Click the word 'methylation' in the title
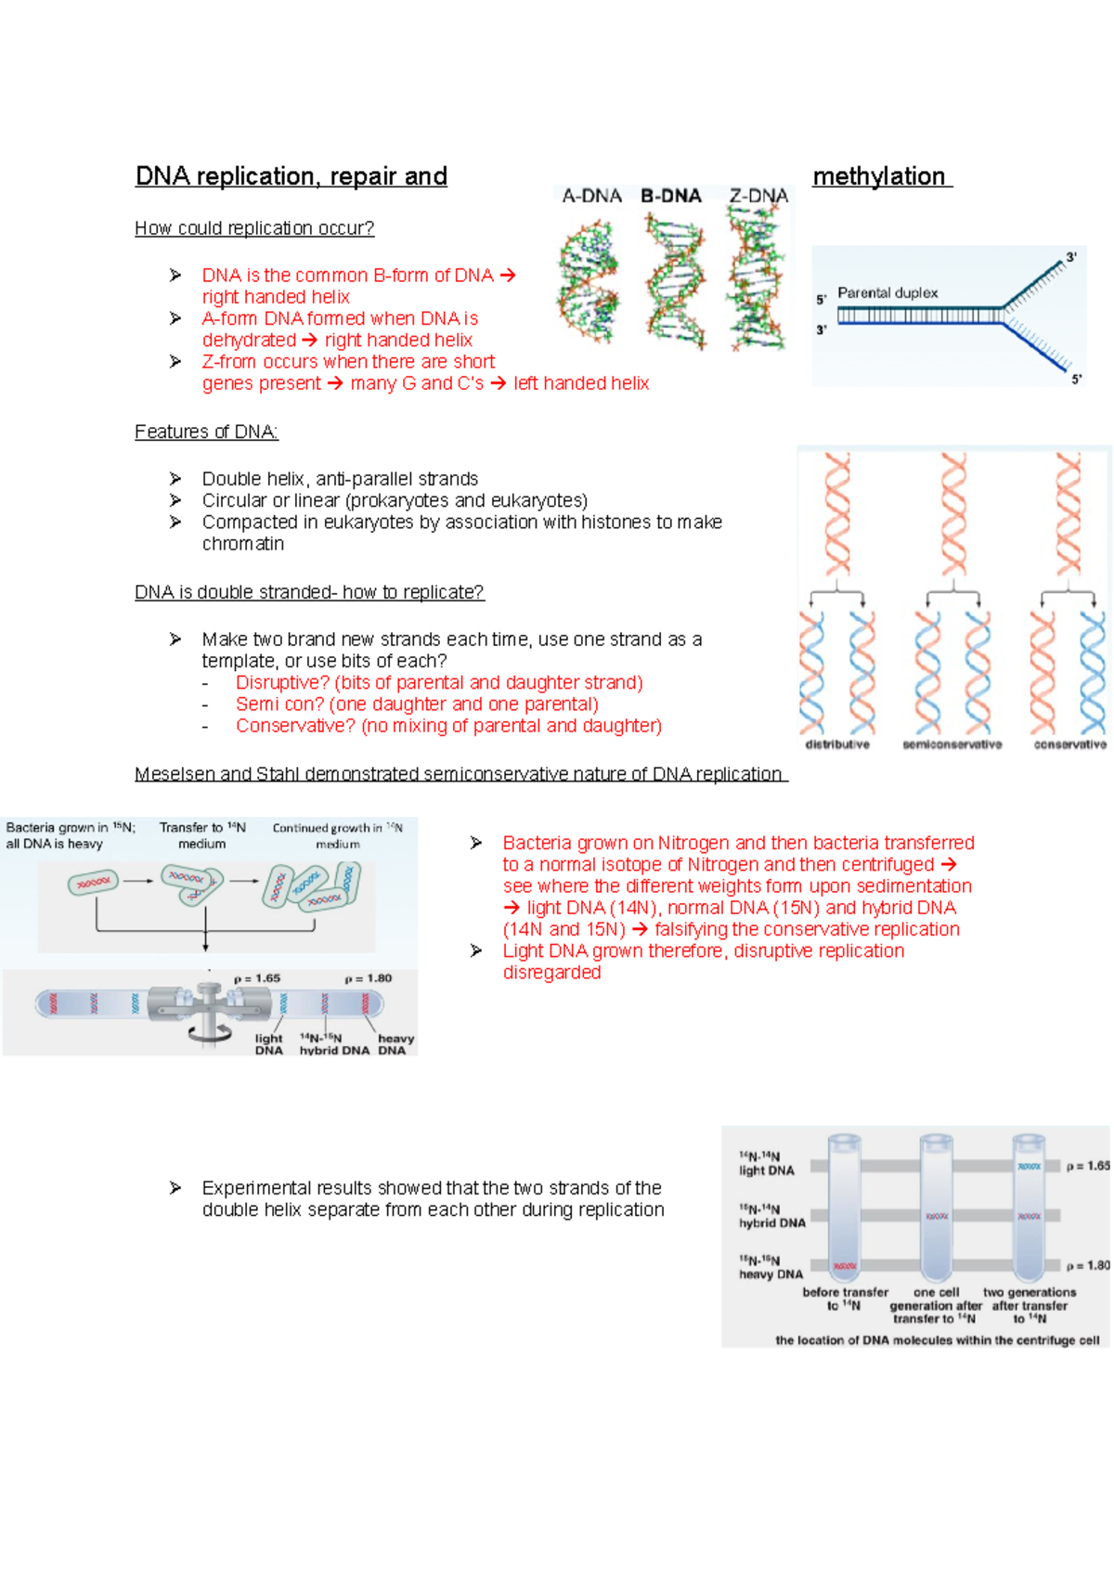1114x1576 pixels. (878, 176)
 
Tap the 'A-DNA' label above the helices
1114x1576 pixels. (591, 196)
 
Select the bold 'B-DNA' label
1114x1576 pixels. (670, 196)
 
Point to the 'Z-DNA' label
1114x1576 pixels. (758, 196)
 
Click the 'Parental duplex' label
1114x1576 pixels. (887, 292)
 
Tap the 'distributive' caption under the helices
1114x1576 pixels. (837, 744)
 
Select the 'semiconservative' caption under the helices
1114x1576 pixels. (952, 744)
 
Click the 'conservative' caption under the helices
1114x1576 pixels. (1069, 744)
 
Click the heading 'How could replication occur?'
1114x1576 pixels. (254, 228)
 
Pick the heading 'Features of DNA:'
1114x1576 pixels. (206, 432)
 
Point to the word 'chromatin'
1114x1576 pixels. (243, 544)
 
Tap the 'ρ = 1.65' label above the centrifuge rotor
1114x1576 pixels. (257, 978)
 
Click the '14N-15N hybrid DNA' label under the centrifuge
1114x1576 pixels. (333, 1044)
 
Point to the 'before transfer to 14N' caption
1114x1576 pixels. (845, 1298)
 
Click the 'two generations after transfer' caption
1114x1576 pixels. (1030, 1304)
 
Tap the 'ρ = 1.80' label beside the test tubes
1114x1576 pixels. (1087, 1265)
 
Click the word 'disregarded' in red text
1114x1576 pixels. (551, 973)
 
